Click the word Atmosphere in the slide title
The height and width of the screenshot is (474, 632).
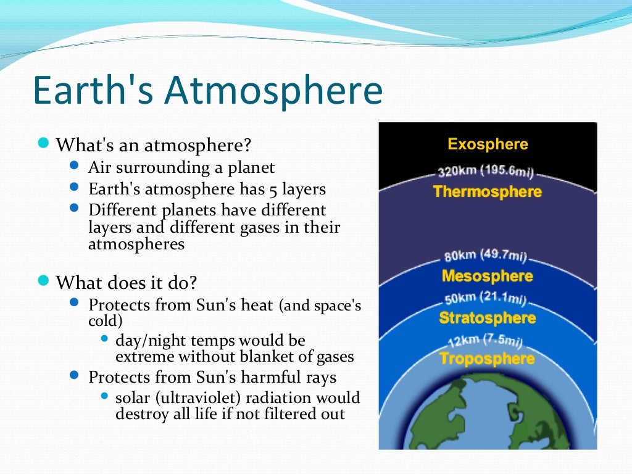tap(273, 90)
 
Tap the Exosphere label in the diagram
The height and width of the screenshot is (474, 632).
tap(488, 144)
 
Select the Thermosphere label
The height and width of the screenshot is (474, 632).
tap(488, 191)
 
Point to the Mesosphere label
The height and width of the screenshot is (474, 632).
tap(488, 276)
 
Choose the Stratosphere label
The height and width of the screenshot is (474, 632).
tap(488, 318)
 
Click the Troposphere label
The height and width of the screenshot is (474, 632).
tap(488, 359)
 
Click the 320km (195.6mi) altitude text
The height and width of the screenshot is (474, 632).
tap(486, 172)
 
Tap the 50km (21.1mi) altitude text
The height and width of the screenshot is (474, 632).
tap(486, 298)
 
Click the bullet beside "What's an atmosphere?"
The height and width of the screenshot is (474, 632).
tap(43, 144)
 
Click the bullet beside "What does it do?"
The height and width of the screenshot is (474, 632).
tap(43, 281)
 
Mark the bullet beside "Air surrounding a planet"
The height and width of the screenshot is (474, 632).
tap(75, 166)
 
